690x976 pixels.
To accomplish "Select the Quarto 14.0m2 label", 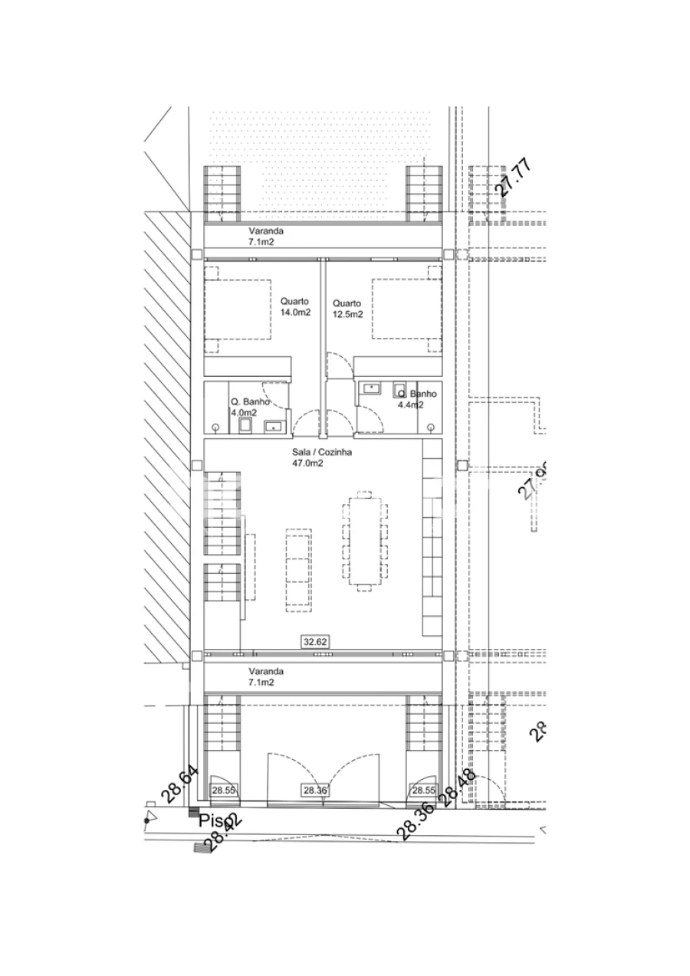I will pyautogui.click(x=294, y=306).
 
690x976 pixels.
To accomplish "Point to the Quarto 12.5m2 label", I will pyautogui.click(x=347, y=307).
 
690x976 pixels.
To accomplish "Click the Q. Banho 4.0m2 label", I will pyautogui.click(x=248, y=407).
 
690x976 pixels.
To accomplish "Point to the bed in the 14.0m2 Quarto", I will pyautogui.click(x=238, y=310).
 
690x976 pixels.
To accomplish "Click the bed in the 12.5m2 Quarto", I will pyautogui.click(x=406, y=308).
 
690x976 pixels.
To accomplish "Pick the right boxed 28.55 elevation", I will pyautogui.click(x=423, y=790).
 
